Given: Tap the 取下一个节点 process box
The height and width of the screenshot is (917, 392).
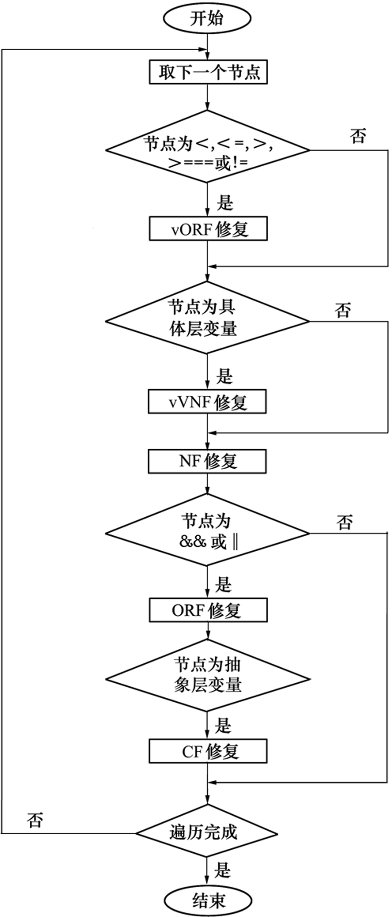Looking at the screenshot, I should pos(208,73).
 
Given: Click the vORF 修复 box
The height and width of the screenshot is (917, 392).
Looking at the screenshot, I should pos(208,228).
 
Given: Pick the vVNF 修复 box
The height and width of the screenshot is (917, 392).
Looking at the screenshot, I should pos(207,402).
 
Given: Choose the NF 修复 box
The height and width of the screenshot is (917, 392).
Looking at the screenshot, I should pos(207,461).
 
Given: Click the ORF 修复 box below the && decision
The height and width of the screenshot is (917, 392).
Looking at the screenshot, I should pos(208,610).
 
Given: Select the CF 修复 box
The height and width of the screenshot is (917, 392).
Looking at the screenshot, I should pos(208,751).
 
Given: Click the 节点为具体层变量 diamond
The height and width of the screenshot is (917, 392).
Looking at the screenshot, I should pos(208,318).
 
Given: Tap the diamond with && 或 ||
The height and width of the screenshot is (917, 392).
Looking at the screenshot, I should pos(208,533).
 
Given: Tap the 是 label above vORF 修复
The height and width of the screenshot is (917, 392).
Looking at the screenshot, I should pos(225,203).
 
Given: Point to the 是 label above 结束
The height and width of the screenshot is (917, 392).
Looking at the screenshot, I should pos(223,870).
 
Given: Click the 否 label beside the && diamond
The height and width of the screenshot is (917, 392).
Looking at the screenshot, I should pos(344,523).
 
